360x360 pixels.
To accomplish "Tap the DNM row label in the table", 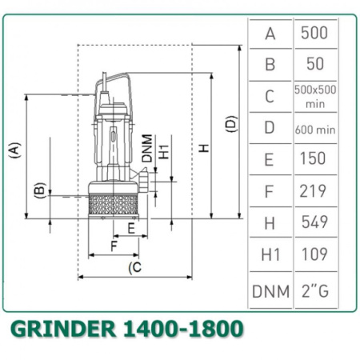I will pos(270,291).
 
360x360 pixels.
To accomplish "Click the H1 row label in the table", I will pos(270,254).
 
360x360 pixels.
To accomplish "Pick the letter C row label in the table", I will pos(270,96).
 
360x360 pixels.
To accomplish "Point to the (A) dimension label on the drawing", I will pos(14,150).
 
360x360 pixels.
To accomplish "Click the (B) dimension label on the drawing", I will pos(38,190).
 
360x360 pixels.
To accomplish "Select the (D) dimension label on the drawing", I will pos(231,124).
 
